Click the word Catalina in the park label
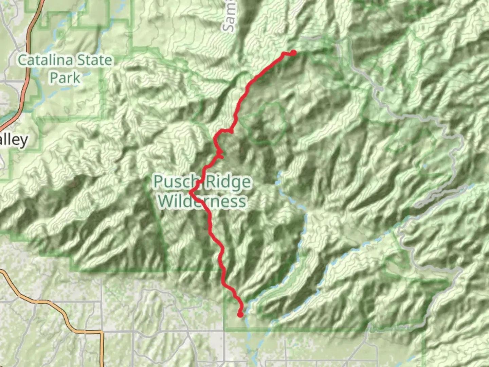[x=45, y=60]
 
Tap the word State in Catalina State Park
[x=94, y=60]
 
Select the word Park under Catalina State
[x=65, y=78]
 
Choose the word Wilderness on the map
[x=202, y=201]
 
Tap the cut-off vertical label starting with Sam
[x=230, y=17]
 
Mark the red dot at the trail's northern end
[x=293, y=53]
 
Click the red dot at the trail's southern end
[x=240, y=315]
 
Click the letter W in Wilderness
[x=166, y=201]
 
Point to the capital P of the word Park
[x=54, y=78]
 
